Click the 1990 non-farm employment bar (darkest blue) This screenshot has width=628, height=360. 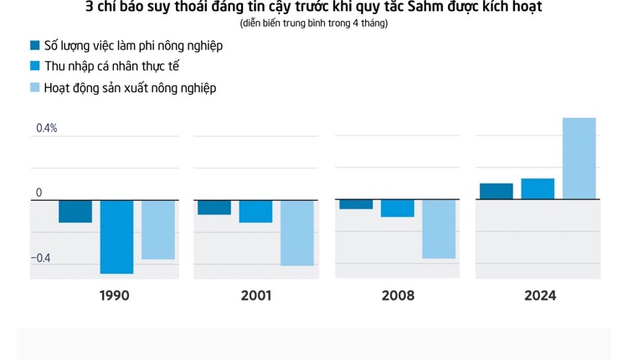coord(75,211)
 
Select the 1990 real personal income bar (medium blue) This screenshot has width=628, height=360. coord(116,236)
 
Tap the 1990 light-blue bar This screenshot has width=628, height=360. coord(158,229)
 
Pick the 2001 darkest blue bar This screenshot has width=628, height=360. coord(214,207)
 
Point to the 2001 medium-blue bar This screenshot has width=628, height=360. coord(255,211)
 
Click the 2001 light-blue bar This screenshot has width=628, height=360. coord(297,233)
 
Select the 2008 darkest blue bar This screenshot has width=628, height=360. coord(356,204)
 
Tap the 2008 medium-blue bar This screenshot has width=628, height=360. coord(397,208)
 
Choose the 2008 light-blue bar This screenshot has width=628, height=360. coord(439,229)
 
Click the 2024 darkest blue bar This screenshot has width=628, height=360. coord(497,191)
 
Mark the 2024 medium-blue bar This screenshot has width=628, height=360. coord(538,188)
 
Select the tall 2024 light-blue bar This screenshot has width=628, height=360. coord(579,158)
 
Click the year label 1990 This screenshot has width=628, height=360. coord(114,296)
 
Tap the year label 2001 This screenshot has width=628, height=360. coord(256,296)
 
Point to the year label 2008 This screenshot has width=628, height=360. coord(398,296)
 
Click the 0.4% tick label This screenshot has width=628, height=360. coord(47,128)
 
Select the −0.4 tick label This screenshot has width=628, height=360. coord(41,258)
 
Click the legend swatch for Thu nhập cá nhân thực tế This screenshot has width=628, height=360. coord(34,66)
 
